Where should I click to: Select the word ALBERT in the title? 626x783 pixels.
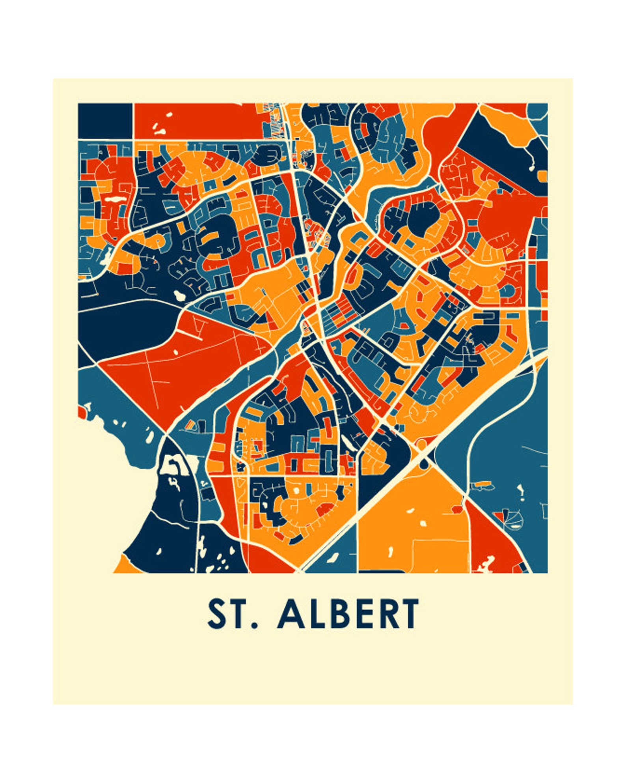(348, 614)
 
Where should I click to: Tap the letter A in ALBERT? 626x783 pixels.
(291, 614)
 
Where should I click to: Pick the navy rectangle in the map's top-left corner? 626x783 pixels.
(105, 121)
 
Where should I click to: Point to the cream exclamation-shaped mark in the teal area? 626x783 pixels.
(522, 492)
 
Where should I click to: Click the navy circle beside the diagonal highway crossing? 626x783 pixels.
(424, 463)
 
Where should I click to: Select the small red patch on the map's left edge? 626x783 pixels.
(82, 413)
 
